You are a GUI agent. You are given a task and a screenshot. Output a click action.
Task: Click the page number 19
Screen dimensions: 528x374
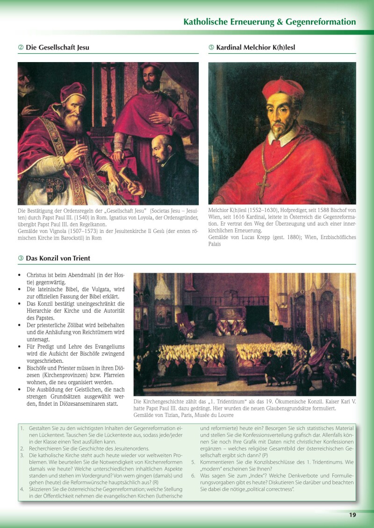[x=352, y=515]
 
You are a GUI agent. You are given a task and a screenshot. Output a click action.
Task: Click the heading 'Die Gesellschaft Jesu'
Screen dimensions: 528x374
[x=58, y=47]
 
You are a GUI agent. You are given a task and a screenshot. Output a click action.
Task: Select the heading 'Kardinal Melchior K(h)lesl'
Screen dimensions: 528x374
[x=255, y=47]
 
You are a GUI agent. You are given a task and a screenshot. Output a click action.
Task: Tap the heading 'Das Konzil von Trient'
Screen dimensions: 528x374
[x=58, y=258]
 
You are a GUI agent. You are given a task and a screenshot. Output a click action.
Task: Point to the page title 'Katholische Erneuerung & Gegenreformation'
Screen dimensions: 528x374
[x=269, y=22]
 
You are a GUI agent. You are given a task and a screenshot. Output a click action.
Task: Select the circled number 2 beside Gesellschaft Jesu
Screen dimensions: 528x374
[x=21, y=47]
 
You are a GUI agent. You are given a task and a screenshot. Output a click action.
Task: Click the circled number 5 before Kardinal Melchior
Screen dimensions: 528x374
[x=211, y=47]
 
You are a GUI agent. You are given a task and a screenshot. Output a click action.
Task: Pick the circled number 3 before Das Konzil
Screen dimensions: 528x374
[x=21, y=258]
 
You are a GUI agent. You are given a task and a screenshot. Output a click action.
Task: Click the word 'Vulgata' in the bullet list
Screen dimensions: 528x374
[x=97, y=289]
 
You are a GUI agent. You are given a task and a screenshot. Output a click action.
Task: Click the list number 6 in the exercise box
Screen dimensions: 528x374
[x=193, y=475]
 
